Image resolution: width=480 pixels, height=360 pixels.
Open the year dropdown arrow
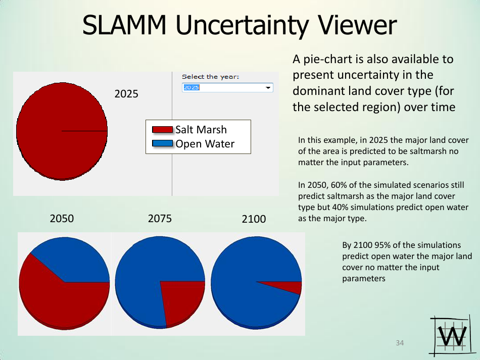[x=268, y=88]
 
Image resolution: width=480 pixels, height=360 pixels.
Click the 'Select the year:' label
[x=210, y=77]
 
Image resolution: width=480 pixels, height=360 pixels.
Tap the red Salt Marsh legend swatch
[x=163, y=130]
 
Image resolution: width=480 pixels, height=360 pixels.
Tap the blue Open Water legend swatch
[x=163, y=144]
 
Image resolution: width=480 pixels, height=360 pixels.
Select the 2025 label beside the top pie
[x=126, y=94]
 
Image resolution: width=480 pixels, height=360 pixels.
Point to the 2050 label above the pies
[x=62, y=219]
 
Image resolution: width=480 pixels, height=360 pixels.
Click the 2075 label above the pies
[x=160, y=219]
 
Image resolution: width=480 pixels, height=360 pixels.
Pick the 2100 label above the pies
[x=254, y=220]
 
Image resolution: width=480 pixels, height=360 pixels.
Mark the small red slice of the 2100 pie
[x=292, y=287]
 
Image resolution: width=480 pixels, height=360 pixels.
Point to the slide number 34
[x=400, y=343]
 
